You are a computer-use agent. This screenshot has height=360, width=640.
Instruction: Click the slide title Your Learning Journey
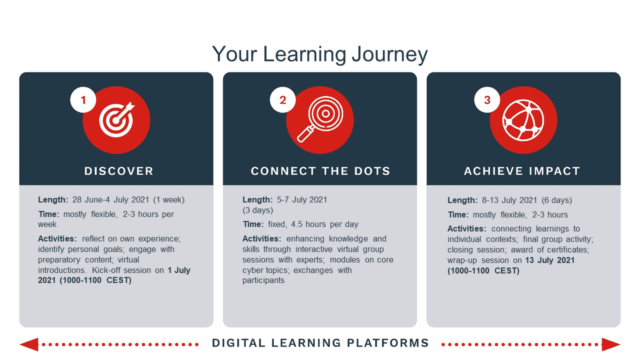[319, 54]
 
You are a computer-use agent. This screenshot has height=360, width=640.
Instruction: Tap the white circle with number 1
[83, 100]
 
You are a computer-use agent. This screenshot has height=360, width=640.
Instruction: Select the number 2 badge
[283, 100]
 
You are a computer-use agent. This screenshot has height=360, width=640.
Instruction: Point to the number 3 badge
[487, 100]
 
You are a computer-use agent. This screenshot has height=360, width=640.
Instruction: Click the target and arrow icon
[116, 120]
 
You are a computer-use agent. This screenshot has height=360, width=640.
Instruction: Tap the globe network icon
[523, 120]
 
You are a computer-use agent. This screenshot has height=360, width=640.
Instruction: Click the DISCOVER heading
[119, 171]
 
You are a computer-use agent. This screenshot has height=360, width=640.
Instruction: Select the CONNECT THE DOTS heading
[320, 171]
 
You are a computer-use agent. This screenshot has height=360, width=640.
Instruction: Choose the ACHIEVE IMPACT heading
[522, 171]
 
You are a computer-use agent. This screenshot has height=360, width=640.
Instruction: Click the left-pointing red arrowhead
[29, 344]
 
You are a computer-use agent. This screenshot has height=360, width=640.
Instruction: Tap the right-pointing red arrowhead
[611, 344]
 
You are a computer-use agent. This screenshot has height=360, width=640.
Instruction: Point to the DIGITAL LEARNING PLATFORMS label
[320, 343]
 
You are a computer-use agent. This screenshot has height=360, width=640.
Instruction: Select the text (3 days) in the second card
[257, 210]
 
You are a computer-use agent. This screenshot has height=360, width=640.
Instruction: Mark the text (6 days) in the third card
[557, 200]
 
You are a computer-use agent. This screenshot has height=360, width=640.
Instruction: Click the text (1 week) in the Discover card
[169, 199]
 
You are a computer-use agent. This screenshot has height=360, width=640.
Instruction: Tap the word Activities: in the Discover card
[57, 239]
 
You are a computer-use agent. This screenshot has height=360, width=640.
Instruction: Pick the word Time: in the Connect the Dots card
[253, 224]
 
